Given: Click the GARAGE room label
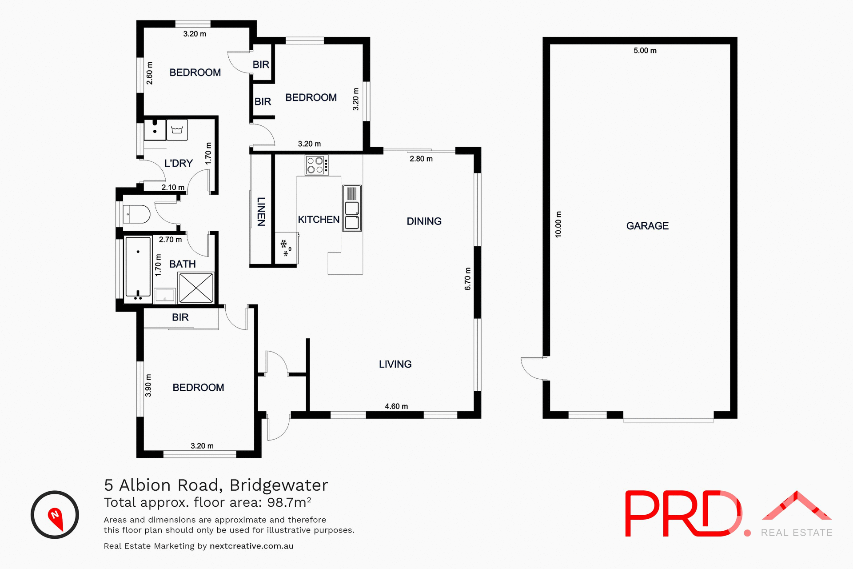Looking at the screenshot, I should pos(647,226).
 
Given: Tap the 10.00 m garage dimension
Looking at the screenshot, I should pos(558,224).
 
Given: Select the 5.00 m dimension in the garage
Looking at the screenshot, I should pos(645,51).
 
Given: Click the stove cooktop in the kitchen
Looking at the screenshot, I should pos(316,165).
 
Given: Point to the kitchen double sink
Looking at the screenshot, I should pos(352,208).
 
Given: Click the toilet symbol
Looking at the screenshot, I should pos(136,214).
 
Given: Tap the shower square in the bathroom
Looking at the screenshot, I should pos(196,288).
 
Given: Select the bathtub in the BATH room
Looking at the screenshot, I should pos(138,267).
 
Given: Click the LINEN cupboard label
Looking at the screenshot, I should pos(261,212).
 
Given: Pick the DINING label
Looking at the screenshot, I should pos(424,221).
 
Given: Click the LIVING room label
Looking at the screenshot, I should pos(395,365).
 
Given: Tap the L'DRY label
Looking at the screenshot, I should pos(179,164).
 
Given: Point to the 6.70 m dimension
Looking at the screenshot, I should pos(467,279).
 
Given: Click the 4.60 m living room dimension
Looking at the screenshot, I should pos(396,406).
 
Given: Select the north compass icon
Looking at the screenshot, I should pos(55,515).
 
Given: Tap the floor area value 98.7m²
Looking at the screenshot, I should pos(289,502).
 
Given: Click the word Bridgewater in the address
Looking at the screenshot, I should pos(279,485).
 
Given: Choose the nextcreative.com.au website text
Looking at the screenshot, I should pos(251,546).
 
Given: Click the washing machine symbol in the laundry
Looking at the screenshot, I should pos(177,130).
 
